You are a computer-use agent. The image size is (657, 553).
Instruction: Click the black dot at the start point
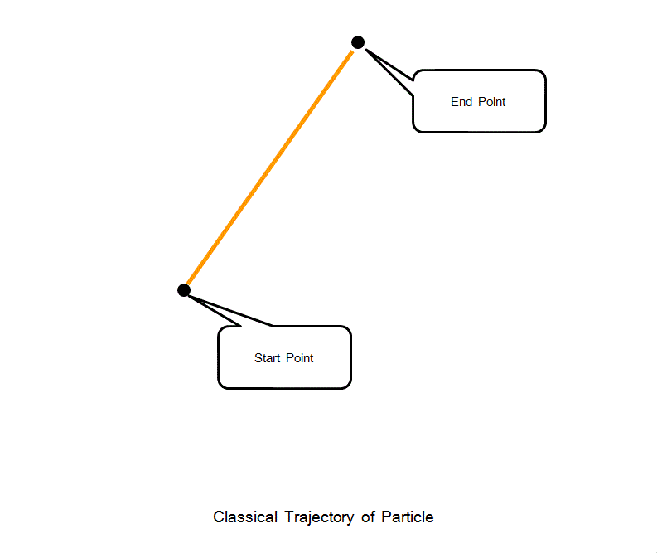tap(184, 290)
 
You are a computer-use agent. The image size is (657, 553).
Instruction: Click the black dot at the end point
tap(358, 42)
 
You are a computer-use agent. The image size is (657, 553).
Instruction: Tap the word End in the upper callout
tap(461, 102)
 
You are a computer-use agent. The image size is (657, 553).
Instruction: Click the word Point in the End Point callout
tap(491, 102)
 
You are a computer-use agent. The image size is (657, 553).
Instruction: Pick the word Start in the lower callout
tap(268, 358)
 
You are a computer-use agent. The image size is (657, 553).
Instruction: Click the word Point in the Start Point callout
tap(300, 358)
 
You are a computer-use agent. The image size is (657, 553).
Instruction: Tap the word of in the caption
tap(369, 517)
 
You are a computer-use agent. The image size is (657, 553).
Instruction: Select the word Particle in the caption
tap(408, 517)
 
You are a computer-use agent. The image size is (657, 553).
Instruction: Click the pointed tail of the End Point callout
tap(389, 69)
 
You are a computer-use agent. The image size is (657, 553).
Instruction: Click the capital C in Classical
tap(219, 517)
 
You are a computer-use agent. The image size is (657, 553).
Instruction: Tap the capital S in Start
tap(258, 358)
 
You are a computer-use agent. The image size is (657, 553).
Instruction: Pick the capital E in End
tap(454, 102)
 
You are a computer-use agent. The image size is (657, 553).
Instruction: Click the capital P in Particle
tap(386, 517)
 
